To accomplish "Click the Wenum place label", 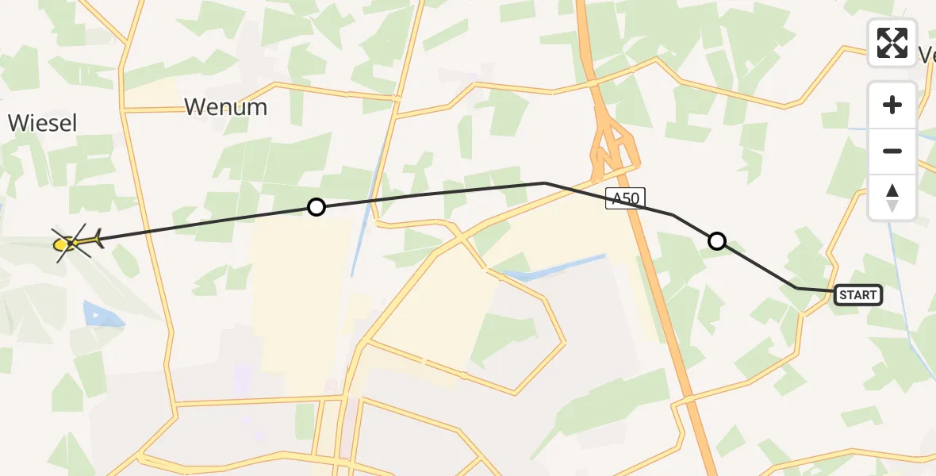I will [x=225, y=107].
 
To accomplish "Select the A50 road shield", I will [x=626, y=198].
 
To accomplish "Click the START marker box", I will [x=858, y=295].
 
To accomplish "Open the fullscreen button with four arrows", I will [x=892, y=43].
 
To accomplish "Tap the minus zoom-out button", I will [x=892, y=151].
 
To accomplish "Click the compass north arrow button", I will [x=892, y=197].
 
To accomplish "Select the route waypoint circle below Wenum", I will [x=316, y=207].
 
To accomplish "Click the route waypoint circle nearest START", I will [x=717, y=240].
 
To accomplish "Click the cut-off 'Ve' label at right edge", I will [x=926, y=54].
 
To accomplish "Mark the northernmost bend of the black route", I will [x=545, y=182].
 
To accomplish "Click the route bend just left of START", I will [x=796, y=288].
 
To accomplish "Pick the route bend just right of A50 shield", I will [x=673, y=214].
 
